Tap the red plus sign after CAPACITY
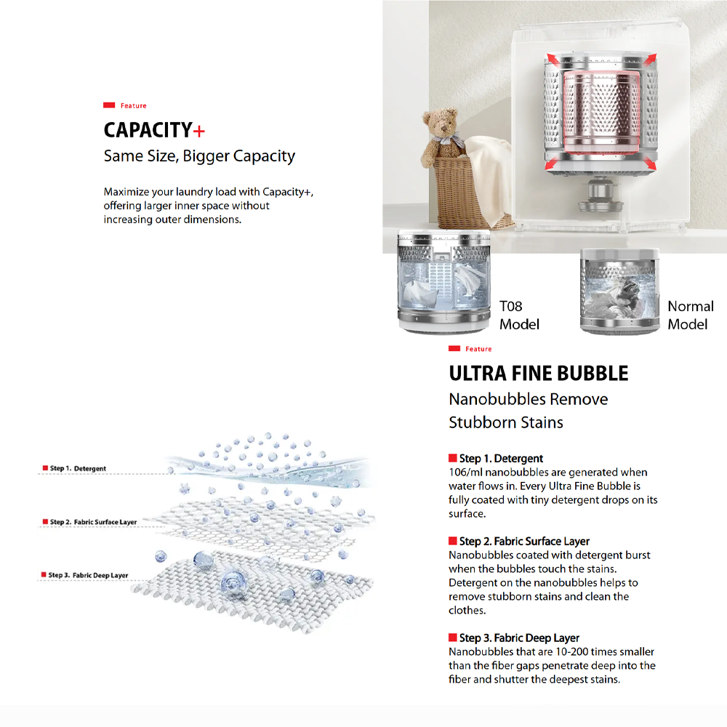[x=199, y=131]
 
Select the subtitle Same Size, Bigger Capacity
[x=199, y=156]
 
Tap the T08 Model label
[x=519, y=315]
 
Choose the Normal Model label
[x=690, y=315]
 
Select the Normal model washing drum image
[x=620, y=291]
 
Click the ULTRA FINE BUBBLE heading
[x=538, y=374]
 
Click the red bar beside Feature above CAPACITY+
[x=110, y=106]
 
